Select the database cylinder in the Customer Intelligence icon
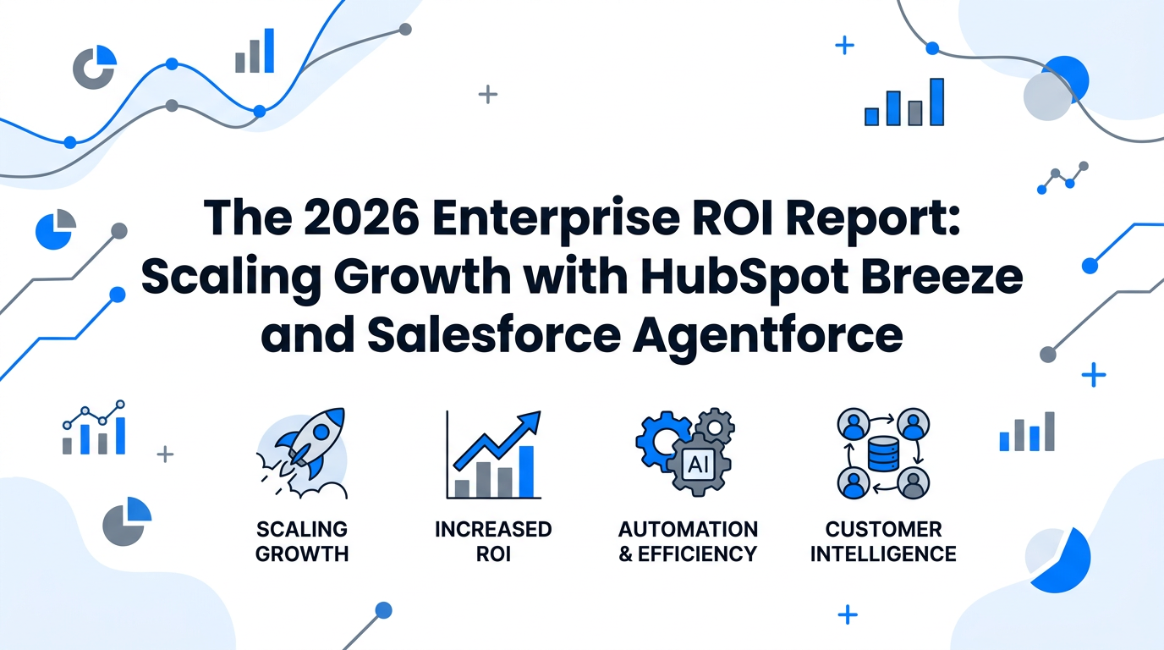point(881,457)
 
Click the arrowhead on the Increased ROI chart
point(531,421)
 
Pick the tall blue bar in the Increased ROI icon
point(526,471)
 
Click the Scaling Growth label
point(302,542)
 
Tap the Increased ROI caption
point(493,542)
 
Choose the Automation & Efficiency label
point(688,542)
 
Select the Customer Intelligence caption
point(883,542)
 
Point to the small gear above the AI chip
point(717,426)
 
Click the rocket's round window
point(321,431)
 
